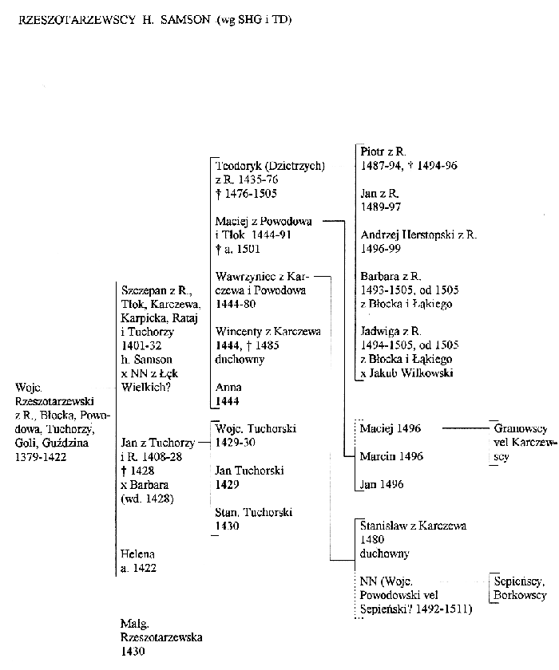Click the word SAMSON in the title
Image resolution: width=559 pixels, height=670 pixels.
185,20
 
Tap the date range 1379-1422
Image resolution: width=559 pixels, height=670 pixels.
41,457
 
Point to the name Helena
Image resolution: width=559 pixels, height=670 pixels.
137,554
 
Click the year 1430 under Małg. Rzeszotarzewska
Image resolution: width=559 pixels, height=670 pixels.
133,652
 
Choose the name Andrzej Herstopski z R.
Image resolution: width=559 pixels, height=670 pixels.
418,235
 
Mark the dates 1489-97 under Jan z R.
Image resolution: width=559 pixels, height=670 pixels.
381,207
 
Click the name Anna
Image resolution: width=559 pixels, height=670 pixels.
228,388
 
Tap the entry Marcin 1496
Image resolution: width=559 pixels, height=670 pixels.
391,456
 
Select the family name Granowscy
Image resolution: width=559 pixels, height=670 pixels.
521,428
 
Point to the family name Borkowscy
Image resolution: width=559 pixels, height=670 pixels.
520,595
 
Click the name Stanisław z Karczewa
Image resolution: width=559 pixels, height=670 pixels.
413,526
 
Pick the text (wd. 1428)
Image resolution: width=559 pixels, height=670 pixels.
147,499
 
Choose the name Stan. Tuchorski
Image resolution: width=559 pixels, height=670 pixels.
253,512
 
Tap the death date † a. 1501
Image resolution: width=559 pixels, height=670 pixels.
237,249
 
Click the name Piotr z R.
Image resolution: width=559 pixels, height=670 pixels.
383,152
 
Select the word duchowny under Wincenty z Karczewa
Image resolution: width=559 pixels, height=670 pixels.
240,360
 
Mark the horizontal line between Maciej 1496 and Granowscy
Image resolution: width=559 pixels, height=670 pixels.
466,428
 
